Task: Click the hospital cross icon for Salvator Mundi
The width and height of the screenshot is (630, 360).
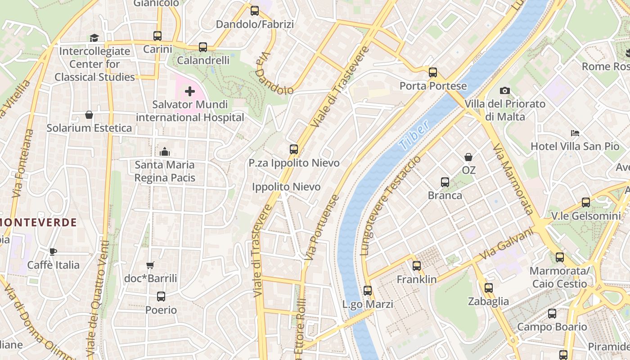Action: (x=190, y=92)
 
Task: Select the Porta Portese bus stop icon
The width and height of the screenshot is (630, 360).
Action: (x=433, y=72)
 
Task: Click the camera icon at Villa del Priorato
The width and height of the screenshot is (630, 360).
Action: (x=505, y=91)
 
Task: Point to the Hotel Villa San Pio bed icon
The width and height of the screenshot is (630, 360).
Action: (x=575, y=133)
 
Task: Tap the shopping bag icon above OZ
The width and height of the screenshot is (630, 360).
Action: (x=468, y=157)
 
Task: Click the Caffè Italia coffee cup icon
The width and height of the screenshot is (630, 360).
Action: (x=53, y=252)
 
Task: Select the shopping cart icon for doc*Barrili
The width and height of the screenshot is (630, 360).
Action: (x=150, y=265)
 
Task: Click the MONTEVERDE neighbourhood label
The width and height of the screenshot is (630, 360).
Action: (x=38, y=222)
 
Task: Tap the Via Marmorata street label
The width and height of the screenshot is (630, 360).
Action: (x=513, y=179)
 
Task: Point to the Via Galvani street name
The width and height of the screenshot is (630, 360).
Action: (x=506, y=243)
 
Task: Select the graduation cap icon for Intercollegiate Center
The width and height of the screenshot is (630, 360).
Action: (x=94, y=38)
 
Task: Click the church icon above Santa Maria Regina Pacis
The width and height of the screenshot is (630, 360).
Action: (x=165, y=152)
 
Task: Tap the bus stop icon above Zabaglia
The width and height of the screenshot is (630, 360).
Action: (x=489, y=288)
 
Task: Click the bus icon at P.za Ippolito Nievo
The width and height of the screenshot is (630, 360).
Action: (x=294, y=149)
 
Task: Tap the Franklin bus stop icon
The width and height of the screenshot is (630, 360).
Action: (x=417, y=266)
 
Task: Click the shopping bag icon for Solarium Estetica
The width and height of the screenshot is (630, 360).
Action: (x=89, y=115)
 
